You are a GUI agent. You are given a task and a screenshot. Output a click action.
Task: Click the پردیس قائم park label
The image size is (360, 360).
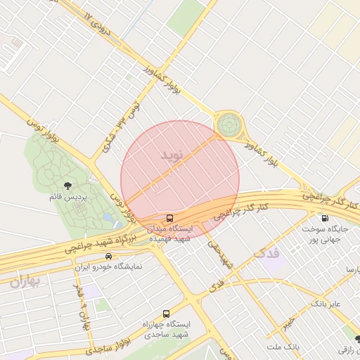click(x=67, y=198)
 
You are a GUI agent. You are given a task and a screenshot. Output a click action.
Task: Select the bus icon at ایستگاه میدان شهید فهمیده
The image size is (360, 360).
click(x=169, y=218)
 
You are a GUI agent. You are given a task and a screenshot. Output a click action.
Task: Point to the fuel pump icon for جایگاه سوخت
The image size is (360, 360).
click(x=324, y=218)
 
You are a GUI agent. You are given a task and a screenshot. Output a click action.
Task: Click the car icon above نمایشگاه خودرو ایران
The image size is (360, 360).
click(x=108, y=256)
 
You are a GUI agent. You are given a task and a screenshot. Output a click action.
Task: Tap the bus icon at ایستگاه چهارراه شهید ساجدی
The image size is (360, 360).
click(x=166, y=314)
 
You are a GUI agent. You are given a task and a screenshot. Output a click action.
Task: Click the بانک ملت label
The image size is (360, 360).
click(x=283, y=347)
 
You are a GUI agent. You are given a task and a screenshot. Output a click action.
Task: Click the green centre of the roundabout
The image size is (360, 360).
click(x=228, y=126)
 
